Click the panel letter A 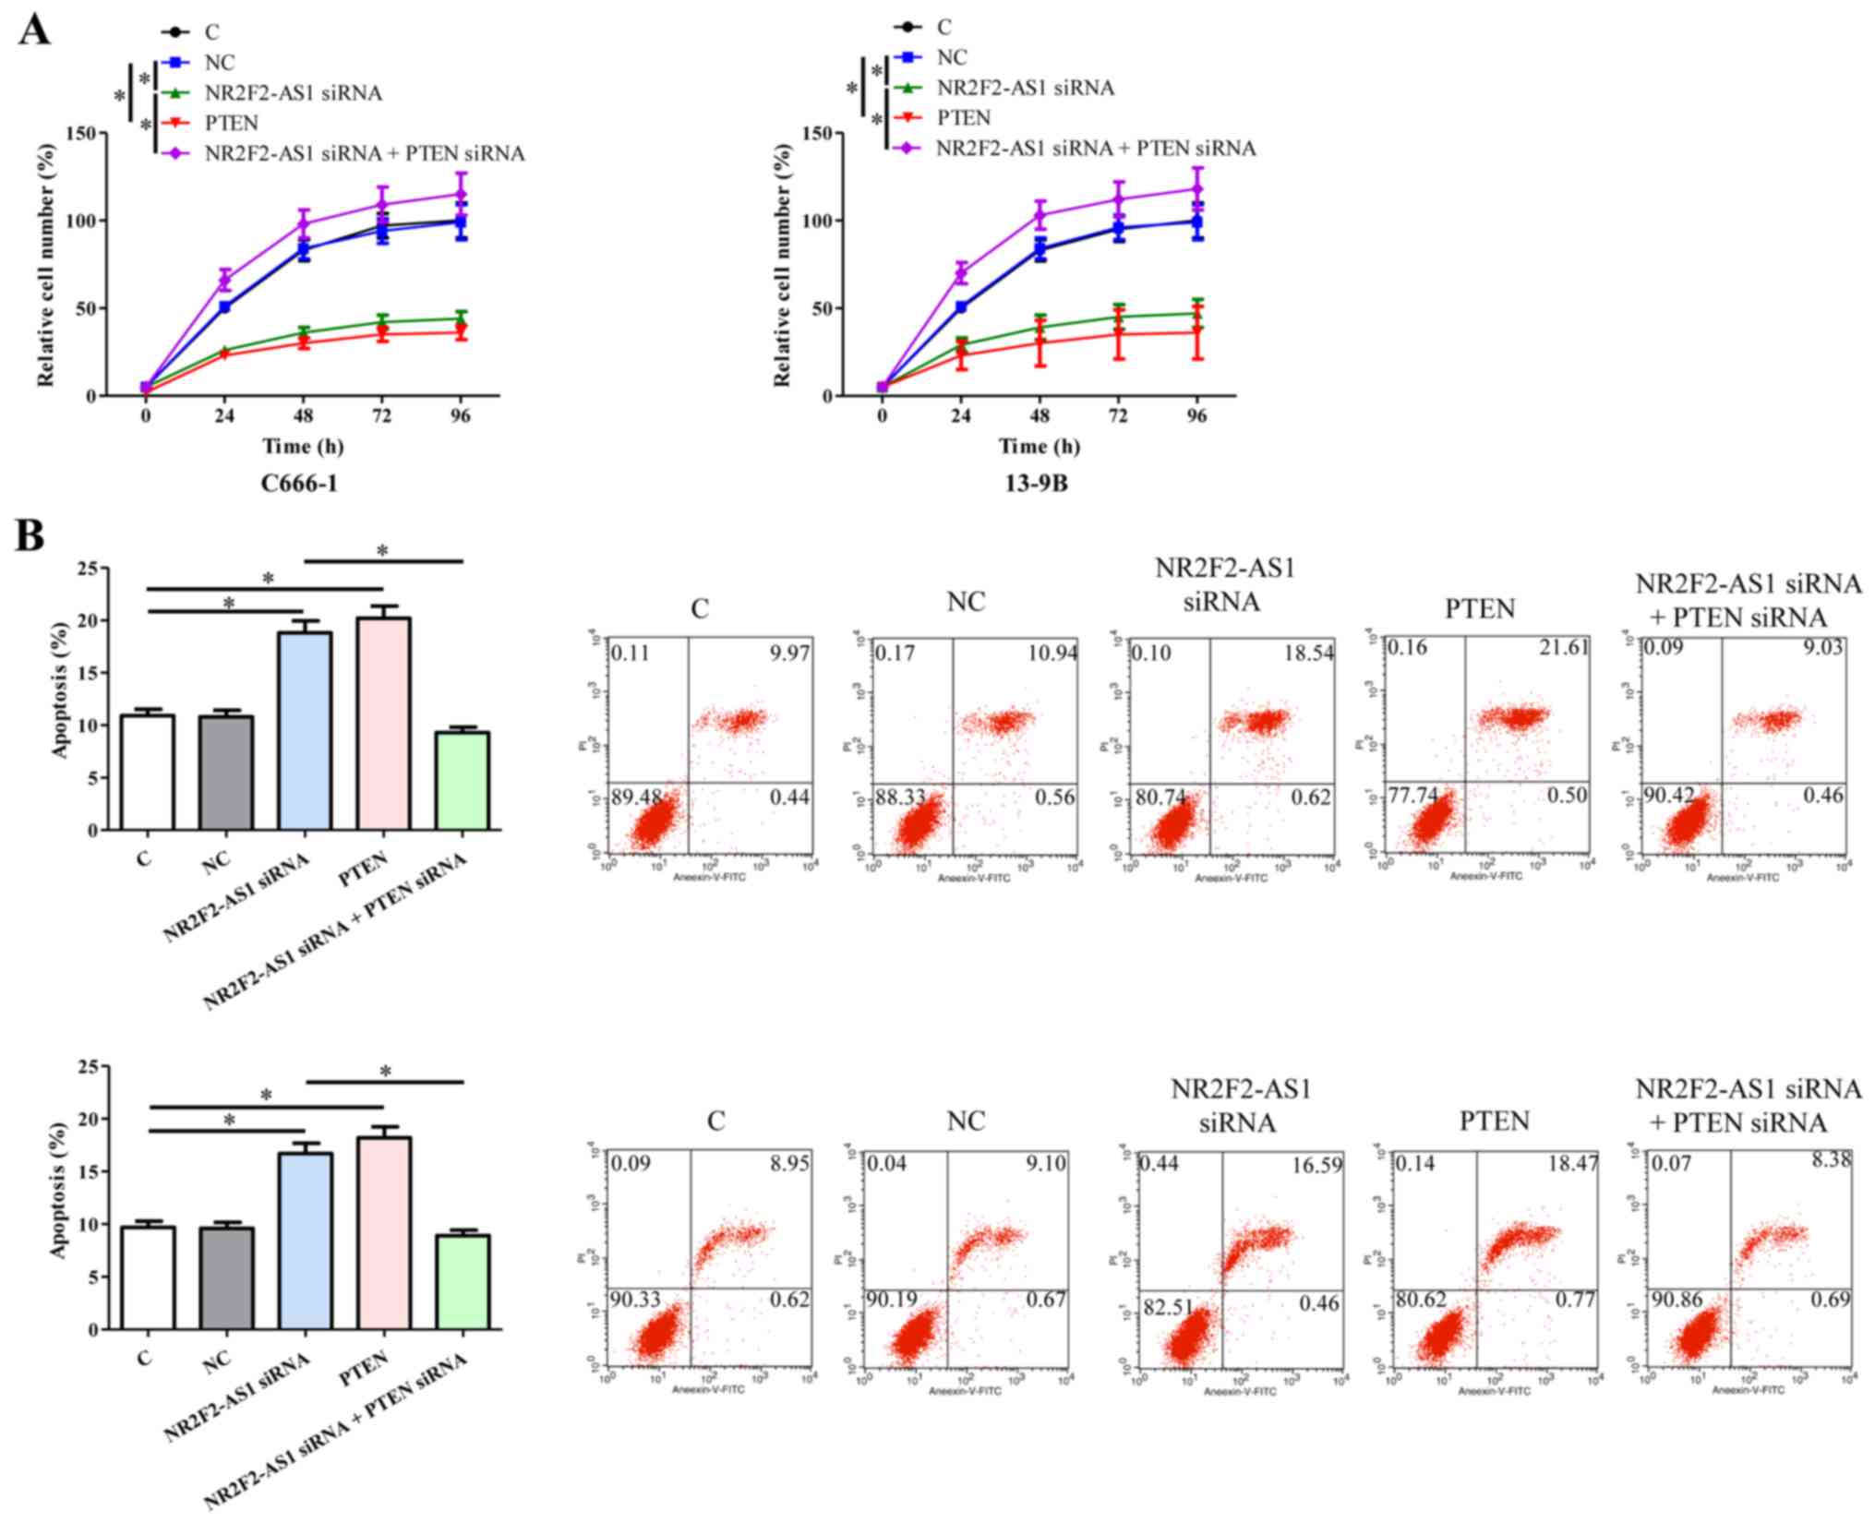tap(33, 30)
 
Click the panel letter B tap(30, 535)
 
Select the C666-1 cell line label tap(300, 483)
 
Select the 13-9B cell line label tap(1037, 483)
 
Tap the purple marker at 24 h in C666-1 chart tap(224, 279)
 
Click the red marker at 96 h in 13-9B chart tap(1197, 331)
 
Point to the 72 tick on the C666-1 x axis tap(381, 416)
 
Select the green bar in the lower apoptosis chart tap(463, 1282)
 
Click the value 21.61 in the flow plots tap(1563, 647)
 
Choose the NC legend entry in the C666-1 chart tap(219, 63)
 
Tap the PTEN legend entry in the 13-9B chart tap(963, 118)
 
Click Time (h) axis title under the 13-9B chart tap(1039, 447)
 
